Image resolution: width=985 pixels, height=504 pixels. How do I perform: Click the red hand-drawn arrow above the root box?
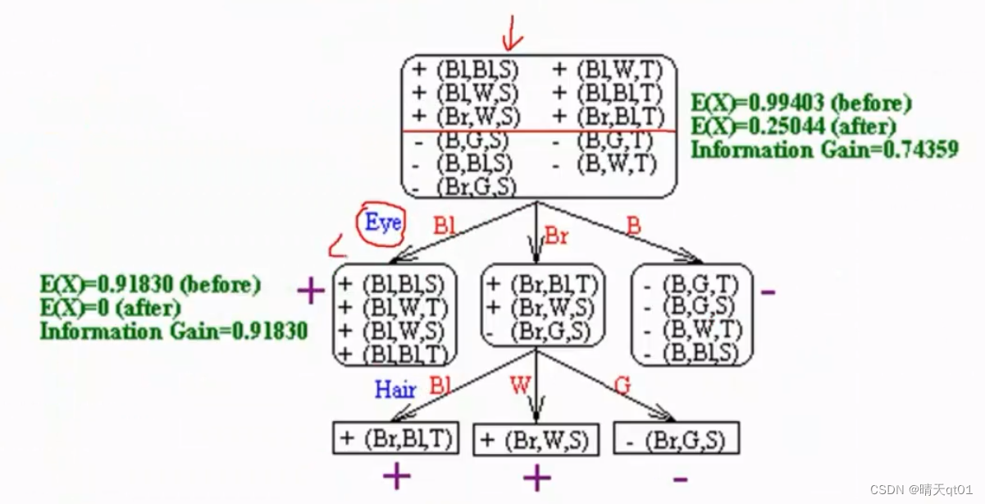pos(513,31)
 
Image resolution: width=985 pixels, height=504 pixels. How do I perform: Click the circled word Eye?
pos(382,222)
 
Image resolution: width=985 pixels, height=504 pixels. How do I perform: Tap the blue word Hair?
pos(395,389)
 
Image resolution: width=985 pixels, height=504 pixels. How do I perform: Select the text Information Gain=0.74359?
pos(824,149)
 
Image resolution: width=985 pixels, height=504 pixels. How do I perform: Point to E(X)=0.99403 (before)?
pos(800,104)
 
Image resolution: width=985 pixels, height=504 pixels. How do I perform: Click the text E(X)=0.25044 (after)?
pos(793,126)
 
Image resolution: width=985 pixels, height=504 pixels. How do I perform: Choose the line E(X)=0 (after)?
pos(110,308)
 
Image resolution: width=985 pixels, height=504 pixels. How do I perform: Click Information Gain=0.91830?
pos(174,331)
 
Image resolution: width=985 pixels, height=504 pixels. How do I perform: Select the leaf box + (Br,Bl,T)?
pos(395,438)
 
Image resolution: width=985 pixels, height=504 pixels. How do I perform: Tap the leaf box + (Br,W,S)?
pos(536,439)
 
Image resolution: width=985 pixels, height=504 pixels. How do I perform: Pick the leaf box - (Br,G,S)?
pos(675,439)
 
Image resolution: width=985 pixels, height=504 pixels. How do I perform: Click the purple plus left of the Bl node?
pos(311,291)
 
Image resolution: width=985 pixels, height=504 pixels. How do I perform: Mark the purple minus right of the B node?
pos(768,291)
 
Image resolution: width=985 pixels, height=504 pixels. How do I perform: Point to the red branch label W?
pos(520,384)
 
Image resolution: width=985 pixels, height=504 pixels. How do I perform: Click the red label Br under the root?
pos(557,236)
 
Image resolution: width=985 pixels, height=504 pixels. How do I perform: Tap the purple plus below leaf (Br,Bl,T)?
pos(395,476)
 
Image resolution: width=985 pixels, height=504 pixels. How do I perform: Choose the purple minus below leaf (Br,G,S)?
pos(680,479)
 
